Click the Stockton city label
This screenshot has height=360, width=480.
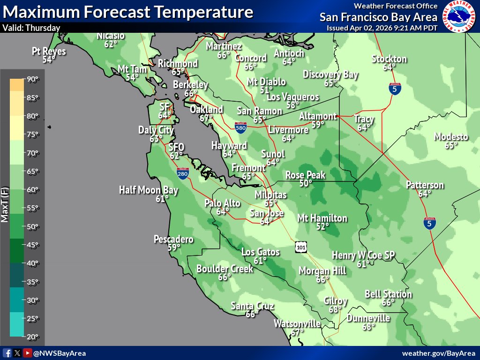pos(389,59)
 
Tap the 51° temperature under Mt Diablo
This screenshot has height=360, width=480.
pos(266,90)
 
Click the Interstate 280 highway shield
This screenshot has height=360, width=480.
pos(183,174)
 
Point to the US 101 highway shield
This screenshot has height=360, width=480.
pos(301,247)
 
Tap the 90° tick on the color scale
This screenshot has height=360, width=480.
pos(32,79)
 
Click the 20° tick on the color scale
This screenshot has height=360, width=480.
pos(32,337)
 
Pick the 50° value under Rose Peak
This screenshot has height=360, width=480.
pos(306,183)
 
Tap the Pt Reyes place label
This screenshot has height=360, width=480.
pos(49,51)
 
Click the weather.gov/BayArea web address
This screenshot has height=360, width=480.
pos(438,353)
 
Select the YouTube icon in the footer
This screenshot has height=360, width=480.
pos(28,353)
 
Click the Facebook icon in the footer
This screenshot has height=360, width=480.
pos(7,353)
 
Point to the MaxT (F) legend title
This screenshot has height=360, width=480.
pos(5,204)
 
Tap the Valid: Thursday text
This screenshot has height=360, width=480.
pos(31,28)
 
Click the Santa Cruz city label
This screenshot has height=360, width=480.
pos(252,306)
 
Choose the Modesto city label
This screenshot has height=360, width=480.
pos(450,137)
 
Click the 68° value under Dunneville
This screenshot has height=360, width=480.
pos(368,327)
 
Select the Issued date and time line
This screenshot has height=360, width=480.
pos(382,28)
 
